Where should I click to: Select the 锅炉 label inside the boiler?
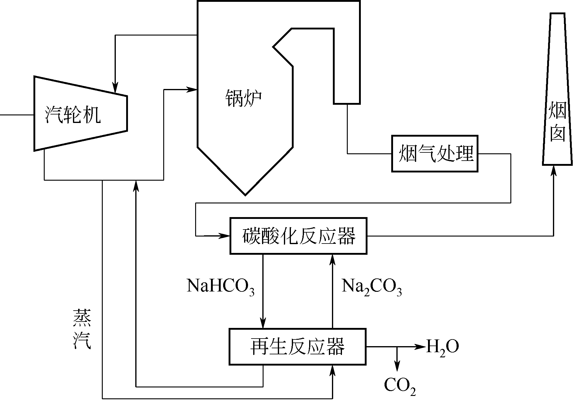pyautogui.click(x=243, y=98)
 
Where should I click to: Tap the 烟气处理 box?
pyautogui.click(x=435, y=154)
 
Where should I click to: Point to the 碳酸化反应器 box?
pyautogui.click(x=298, y=236)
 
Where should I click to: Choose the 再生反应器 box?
pyautogui.click(x=297, y=346)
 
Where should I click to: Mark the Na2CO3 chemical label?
pyautogui.click(x=371, y=286)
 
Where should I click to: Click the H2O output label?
pyautogui.click(x=442, y=347)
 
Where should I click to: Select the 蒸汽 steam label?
pyautogui.click(x=82, y=329)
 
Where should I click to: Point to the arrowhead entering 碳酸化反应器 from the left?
pyautogui.click(x=225, y=236)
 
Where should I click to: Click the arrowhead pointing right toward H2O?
pyautogui.click(x=421, y=346)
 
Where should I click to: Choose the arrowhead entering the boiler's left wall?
pyautogui.click(x=192, y=89)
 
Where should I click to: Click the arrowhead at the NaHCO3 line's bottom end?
pyautogui.click(x=263, y=323)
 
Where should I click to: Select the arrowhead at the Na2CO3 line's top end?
pyautogui.click(x=333, y=259)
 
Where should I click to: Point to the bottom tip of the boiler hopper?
pyautogui.click(x=245, y=194)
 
